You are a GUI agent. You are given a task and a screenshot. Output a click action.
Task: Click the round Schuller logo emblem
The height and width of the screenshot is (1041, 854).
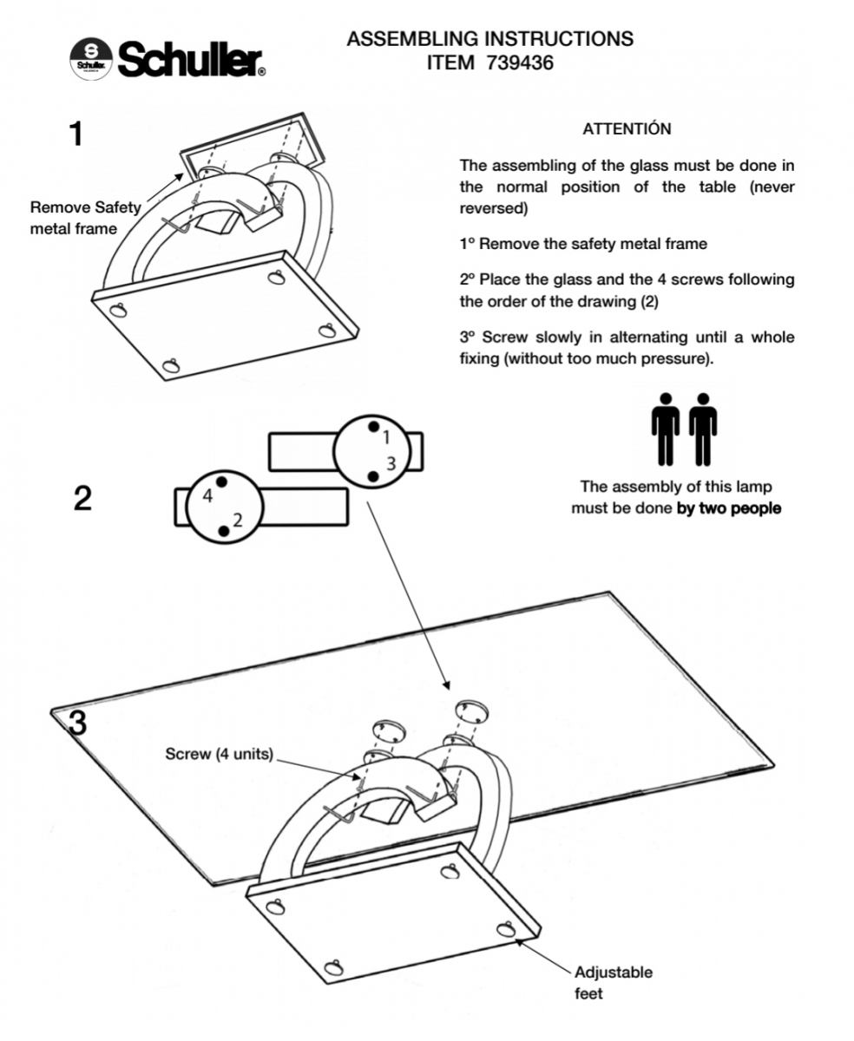[x=91, y=58]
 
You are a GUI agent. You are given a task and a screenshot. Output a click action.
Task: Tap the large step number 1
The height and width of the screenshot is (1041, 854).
[x=76, y=134]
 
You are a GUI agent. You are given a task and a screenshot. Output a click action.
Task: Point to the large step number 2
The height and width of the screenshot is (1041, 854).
[x=82, y=499]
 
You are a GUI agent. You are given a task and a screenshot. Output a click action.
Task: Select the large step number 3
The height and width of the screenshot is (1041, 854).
[x=77, y=722]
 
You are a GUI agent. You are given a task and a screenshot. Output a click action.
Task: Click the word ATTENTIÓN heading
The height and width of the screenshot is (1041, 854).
[x=627, y=129]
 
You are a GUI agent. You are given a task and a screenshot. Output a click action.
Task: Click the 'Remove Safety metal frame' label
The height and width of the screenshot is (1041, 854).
[x=84, y=218]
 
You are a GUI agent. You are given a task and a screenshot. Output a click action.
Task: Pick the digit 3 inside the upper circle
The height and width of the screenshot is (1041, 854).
[x=391, y=463]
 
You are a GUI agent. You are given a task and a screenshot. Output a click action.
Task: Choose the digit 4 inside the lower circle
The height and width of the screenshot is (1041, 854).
[x=207, y=496]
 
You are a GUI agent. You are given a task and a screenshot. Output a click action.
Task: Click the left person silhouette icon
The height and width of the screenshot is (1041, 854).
[x=666, y=429]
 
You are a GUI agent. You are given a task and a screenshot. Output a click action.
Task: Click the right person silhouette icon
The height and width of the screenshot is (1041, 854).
[x=703, y=429]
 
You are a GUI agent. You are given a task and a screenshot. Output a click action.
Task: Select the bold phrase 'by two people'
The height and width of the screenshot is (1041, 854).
[x=728, y=508]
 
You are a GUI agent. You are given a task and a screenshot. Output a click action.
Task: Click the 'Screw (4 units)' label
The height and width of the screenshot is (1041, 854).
[x=219, y=754]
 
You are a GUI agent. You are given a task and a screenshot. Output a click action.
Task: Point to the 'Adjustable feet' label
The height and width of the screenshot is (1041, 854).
[x=613, y=983]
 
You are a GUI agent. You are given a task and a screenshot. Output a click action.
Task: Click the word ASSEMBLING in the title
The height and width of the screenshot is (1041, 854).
[x=412, y=39]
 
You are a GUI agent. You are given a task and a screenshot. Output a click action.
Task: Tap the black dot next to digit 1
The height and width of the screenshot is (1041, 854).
[x=372, y=427]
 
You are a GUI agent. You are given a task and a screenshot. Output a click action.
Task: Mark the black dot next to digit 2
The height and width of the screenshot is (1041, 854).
[x=224, y=529]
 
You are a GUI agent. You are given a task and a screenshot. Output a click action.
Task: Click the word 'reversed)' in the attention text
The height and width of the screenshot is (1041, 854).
[x=492, y=209]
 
